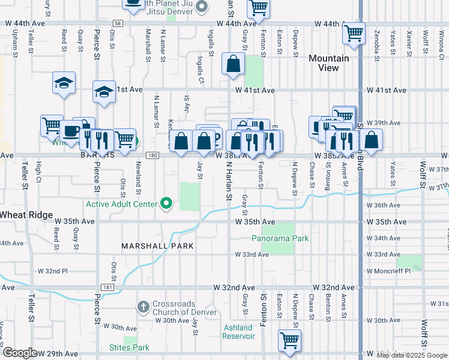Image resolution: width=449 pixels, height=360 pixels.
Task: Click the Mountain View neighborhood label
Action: click(x=328, y=63)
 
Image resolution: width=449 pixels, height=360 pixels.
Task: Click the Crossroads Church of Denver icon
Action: click(x=143, y=307)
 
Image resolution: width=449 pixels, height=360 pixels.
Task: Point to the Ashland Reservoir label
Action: click(x=239, y=332)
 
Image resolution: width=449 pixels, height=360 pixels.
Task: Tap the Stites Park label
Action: click(x=129, y=347)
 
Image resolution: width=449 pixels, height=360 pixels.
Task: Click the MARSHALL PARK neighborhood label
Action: click(x=157, y=246)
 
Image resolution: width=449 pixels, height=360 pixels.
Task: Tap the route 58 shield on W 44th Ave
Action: click(x=118, y=23)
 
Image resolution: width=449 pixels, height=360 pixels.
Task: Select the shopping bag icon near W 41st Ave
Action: click(x=233, y=63)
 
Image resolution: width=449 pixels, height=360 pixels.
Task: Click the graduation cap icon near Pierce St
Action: click(x=104, y=92)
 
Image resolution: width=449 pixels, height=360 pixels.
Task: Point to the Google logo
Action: click(x=20, y=353)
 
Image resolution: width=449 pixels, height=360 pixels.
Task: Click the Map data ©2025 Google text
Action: click(x=412, y=355)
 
